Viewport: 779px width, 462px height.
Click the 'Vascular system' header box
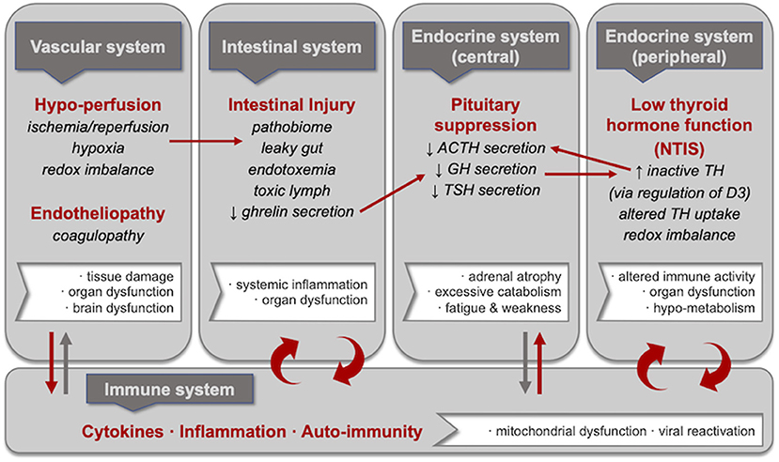click(98, 47)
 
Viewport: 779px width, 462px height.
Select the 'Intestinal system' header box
click(291, 47)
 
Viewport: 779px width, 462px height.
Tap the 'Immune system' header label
click(169, 390)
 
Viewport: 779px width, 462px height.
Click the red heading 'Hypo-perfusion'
click(98, 105)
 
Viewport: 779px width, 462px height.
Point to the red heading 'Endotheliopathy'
click(98, 213)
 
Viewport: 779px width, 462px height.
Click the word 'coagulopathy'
click(99, 236)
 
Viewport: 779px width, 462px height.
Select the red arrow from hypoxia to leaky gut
click(206, 142)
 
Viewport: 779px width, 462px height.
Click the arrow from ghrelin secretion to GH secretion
click(393, 193)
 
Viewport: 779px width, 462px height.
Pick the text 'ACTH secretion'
click(491, 147)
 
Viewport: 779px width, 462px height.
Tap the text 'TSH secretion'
click(491, 190)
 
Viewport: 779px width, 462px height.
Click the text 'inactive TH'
click(685, 171)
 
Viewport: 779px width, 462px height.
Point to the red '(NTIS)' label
click(679, 148)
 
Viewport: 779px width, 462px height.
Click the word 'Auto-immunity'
click(362, 432)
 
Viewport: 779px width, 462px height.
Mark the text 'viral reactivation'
click(707, 431)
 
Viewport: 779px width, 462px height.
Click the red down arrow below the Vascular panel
click(51, 363)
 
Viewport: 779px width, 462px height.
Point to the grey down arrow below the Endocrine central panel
click(525, 363)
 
